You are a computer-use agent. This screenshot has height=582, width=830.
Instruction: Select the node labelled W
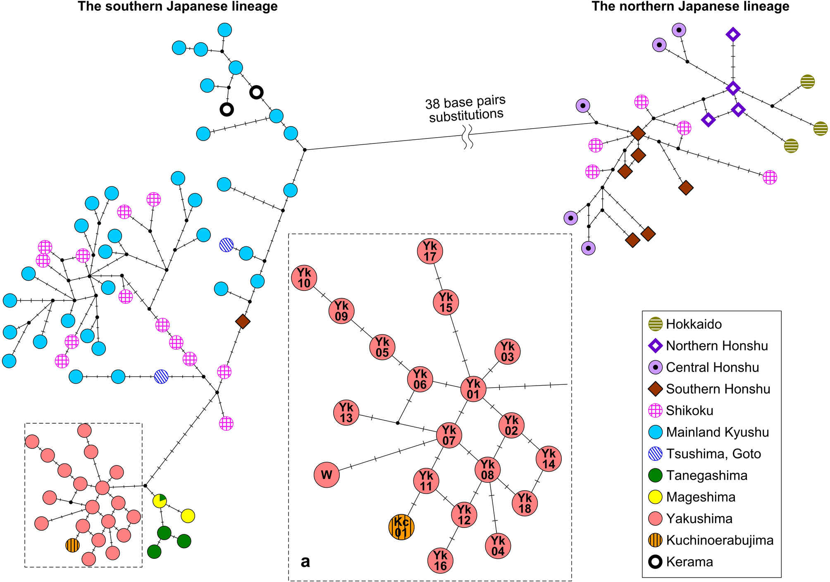327,475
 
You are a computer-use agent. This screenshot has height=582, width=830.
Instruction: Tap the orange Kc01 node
401,527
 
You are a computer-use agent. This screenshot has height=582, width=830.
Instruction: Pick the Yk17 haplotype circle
430,251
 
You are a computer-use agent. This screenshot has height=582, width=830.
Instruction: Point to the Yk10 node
304,278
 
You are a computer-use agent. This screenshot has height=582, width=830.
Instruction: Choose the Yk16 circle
440,561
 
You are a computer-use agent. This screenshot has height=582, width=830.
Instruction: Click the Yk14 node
548,458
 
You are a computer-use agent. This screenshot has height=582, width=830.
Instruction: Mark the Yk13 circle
346,413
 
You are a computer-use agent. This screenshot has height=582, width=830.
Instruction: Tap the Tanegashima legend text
706,476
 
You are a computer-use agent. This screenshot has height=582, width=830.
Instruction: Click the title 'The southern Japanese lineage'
178,7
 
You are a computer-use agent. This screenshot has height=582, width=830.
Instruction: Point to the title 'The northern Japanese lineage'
690,7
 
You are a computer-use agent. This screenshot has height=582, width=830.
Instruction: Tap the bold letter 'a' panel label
305,561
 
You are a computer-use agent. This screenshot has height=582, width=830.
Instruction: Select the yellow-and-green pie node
160,501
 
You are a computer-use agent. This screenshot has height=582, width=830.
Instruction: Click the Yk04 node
498,546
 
